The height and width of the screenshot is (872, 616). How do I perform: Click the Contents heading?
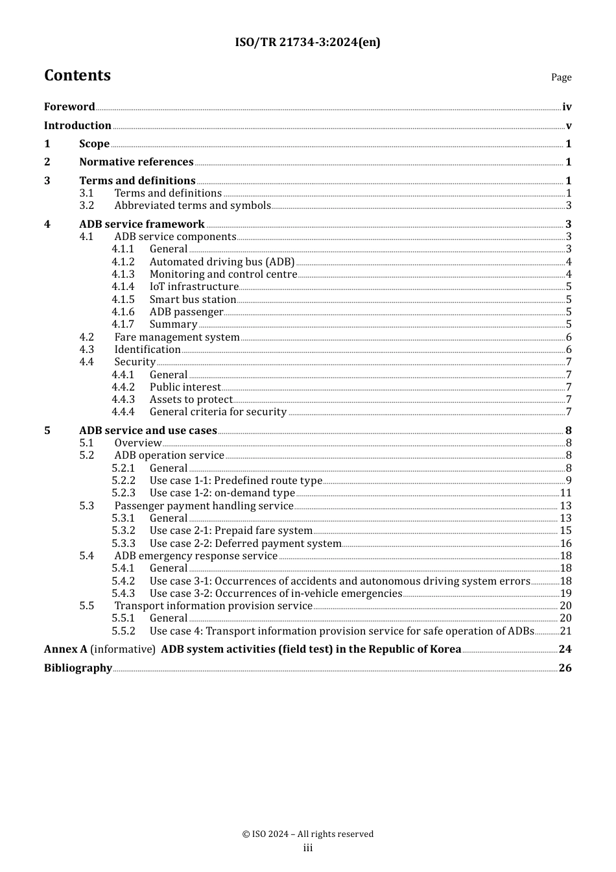(77, 75)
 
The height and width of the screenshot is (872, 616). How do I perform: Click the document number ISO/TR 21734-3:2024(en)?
(307, 42)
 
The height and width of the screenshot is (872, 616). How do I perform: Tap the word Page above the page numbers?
(561, 77)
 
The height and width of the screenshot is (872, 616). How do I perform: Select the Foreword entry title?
(69, 107)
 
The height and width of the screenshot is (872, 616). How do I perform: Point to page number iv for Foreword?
(567, 107)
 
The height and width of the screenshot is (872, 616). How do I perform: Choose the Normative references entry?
(136, 162)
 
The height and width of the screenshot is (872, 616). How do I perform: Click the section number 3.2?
(87, 206)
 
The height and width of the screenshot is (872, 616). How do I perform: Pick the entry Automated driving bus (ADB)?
(222, 262)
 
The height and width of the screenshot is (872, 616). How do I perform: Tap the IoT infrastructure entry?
(194, 287)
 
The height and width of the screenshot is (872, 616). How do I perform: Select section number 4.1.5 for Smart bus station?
(123, 300)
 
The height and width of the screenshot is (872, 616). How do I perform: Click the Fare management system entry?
(177, 337)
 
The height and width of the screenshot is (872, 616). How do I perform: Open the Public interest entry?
(185, 387)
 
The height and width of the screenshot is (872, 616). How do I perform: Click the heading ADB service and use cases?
(148, 431)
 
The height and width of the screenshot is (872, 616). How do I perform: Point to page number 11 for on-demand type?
(565, 493)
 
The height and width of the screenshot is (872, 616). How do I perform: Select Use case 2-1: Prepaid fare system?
(231, 531)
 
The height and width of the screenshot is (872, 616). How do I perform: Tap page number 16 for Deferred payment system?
(565, 544)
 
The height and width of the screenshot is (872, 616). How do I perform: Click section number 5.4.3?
(123, 594)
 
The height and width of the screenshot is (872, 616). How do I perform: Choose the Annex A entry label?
(65, 649)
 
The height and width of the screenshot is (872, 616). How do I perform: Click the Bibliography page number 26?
(565, 668)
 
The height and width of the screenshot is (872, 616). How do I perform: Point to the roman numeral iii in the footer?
(308, 848)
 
